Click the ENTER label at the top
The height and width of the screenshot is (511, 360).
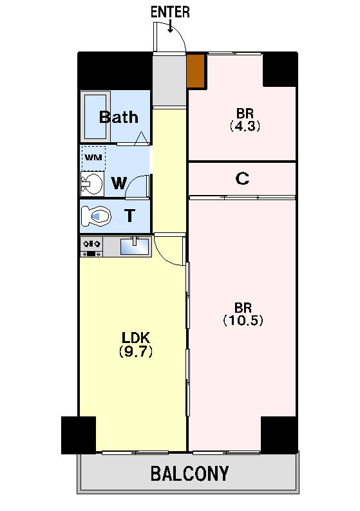click(170, 12)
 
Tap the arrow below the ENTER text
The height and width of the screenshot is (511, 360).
click(170, 26)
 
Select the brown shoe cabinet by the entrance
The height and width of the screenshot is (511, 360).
click(196, 71)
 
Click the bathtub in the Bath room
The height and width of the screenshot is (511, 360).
click(95, 116)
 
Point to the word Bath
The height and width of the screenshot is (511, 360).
click(118, 117)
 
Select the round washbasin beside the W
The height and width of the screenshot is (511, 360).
click(92, 184)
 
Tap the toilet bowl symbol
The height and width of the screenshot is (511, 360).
click(95, 216)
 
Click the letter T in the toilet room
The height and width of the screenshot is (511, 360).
click(130, 216)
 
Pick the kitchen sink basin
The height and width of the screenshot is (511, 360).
click(135, 246)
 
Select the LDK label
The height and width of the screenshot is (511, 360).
click(135, 338)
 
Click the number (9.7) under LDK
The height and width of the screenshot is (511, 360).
click(136, 351)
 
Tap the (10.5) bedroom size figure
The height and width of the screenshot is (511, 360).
click(243, 321)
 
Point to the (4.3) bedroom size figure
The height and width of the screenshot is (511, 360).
click(245, 126)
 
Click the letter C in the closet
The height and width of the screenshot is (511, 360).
click(242, 178)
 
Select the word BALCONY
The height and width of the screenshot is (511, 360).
click(189, 474)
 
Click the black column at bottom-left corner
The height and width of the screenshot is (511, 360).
click(79, 435)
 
